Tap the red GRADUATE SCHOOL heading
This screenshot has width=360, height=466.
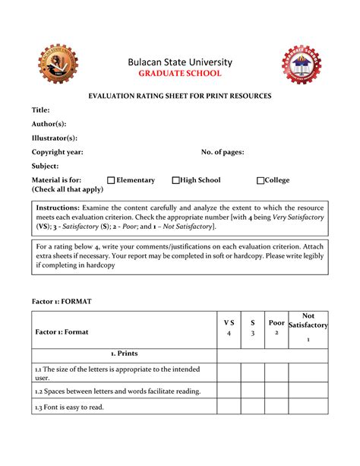179,74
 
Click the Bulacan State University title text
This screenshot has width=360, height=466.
180,62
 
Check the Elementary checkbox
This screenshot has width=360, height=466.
111,181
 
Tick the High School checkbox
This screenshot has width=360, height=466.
175,181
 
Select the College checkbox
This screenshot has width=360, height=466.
260,181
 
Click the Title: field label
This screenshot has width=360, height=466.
40,110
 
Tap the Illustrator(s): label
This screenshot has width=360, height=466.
54,138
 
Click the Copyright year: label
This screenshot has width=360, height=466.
57,152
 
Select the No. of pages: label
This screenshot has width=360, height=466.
222,152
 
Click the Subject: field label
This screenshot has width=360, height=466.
45,166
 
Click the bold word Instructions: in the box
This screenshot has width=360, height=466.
58,208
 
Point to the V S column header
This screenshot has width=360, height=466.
228,328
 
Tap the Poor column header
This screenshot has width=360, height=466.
276,328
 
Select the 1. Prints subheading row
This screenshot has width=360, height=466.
124,353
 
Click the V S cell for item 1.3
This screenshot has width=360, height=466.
228,407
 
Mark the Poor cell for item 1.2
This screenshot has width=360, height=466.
276,391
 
